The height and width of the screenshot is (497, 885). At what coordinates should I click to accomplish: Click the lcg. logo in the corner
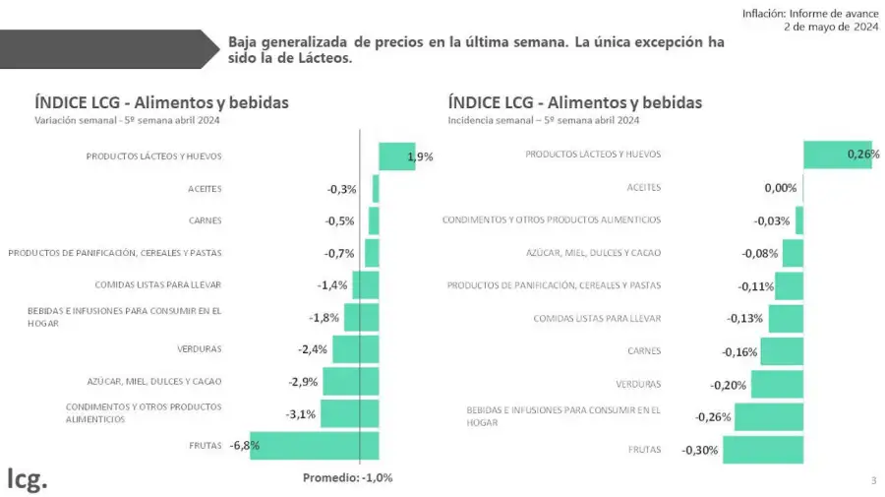pos(27,479)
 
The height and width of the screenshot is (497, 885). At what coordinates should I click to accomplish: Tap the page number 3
pos(873,480)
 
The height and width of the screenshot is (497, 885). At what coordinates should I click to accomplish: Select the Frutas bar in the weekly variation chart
pos(314,446)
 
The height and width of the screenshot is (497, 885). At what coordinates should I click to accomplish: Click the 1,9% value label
pos(420,156)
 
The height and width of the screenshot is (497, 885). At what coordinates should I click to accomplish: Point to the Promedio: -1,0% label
pos(347,477)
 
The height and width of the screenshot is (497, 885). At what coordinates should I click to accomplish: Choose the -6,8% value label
pos(244,446)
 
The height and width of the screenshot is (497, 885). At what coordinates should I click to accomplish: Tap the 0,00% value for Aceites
pos(780,187)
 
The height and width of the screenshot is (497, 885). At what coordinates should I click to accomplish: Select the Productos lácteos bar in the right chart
pos(837,155)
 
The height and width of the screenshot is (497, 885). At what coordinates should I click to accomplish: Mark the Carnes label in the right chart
pos(644,350)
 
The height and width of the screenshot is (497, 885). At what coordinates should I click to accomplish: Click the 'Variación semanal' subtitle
pos(127,121)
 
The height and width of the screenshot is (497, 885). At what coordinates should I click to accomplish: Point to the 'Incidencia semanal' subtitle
pos(543,121)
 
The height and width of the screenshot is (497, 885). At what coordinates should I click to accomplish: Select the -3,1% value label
pos(300,414)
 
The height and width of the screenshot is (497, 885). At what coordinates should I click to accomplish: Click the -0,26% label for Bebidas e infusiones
pos(713,417)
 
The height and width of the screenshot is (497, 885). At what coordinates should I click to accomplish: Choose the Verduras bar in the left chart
pos(355,348)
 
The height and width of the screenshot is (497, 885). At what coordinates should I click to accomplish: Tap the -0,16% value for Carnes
pos(739,351)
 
